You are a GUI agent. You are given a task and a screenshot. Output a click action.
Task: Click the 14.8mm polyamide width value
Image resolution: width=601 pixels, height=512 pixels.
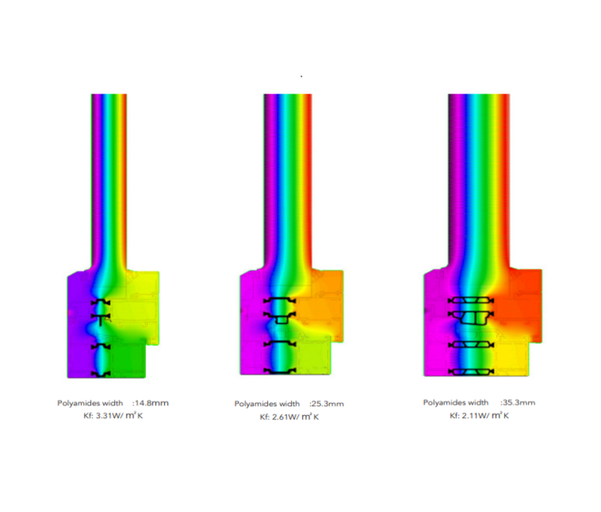click(150, 403)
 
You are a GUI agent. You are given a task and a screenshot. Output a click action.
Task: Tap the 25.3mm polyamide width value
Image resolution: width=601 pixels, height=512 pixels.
click(326, 404)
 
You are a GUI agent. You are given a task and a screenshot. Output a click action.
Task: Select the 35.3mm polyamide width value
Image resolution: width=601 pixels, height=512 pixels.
click(518, 403)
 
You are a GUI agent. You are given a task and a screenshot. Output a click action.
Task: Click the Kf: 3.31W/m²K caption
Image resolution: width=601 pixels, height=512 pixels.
click(113, 416)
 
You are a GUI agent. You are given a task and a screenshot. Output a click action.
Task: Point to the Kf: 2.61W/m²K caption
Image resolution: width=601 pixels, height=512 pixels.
click(289, 417)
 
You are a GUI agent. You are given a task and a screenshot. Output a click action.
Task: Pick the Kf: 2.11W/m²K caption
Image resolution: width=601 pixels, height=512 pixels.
click(479, 416)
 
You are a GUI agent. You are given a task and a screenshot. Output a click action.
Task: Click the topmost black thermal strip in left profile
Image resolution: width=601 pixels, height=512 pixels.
click(100, 302)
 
